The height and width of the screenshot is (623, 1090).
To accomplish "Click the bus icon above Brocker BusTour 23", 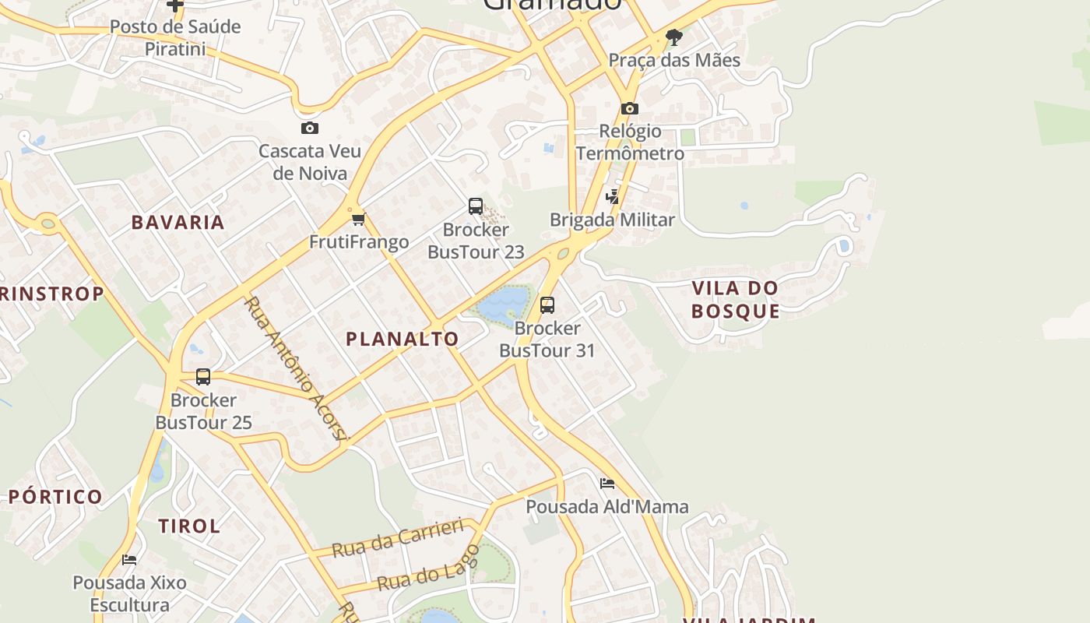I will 476,206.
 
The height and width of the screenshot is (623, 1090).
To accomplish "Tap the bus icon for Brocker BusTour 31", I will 547,304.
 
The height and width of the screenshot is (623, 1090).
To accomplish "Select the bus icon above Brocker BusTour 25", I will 203,377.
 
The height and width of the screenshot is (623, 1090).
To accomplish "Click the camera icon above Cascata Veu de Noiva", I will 310,128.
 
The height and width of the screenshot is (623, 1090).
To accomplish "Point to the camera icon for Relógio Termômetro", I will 630,108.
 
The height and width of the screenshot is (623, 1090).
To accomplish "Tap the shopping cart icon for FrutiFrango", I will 358,219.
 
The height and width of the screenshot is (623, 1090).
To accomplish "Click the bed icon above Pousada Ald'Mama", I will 607,484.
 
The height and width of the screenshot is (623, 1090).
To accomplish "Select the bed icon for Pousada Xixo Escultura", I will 130,559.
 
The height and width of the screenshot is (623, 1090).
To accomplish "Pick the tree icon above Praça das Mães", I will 674,37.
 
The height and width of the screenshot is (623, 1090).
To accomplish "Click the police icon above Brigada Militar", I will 613,196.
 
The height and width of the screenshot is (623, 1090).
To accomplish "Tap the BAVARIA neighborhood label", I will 178,222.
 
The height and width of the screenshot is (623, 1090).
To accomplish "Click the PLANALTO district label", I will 402,339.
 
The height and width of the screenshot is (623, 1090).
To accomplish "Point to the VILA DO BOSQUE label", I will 735,299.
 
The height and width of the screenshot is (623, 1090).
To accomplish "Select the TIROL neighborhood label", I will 189,526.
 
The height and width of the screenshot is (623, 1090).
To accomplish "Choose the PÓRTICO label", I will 55,497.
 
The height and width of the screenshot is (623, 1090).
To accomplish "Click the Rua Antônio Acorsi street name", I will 294,368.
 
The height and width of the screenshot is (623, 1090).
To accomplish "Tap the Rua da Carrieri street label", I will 398,538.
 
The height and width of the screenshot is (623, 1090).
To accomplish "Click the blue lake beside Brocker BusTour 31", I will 503,304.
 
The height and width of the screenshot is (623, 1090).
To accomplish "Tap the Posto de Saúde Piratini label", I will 175,37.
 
